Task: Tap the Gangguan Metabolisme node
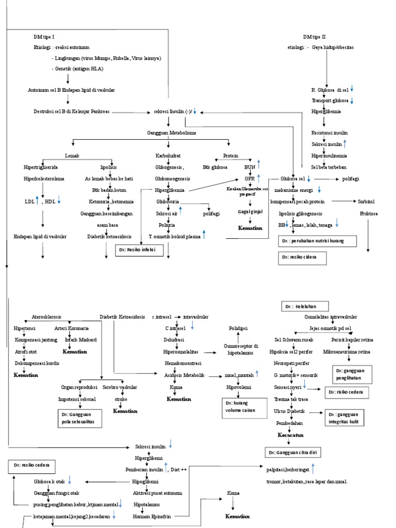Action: click(x=171, y=133)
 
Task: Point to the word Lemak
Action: click(x=72, y=155)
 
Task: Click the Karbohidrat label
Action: click(x=168, y=155)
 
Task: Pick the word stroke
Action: click(x=121, y=399)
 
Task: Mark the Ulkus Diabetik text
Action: click(x=289, y=411)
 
